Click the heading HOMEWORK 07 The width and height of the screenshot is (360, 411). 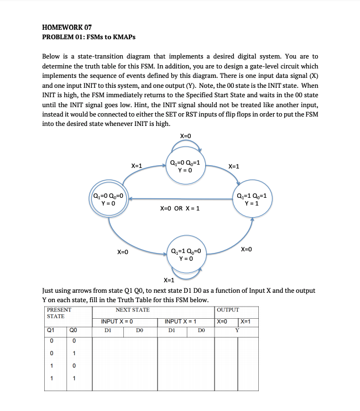click(x=67, y=28)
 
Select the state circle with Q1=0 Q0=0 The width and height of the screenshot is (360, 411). click(x=109, y=199)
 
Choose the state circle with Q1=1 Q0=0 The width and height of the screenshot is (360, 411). click(x=186, y=255)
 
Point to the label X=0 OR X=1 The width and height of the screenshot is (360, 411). click(x=180, y=209)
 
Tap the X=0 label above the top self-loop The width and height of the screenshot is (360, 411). click(x=186, y=136)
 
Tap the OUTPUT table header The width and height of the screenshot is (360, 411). click(x=228, y=310)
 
